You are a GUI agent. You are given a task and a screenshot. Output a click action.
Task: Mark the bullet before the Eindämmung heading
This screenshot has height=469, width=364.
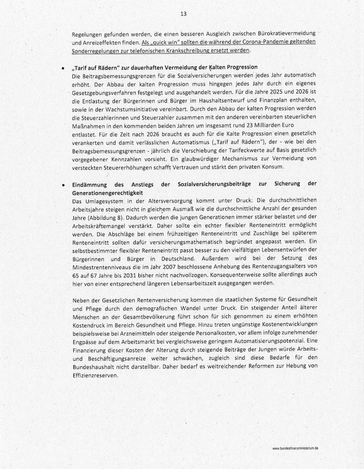(63, 184)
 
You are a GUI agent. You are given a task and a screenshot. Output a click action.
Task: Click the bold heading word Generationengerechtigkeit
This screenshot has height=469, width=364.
(108, 193)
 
